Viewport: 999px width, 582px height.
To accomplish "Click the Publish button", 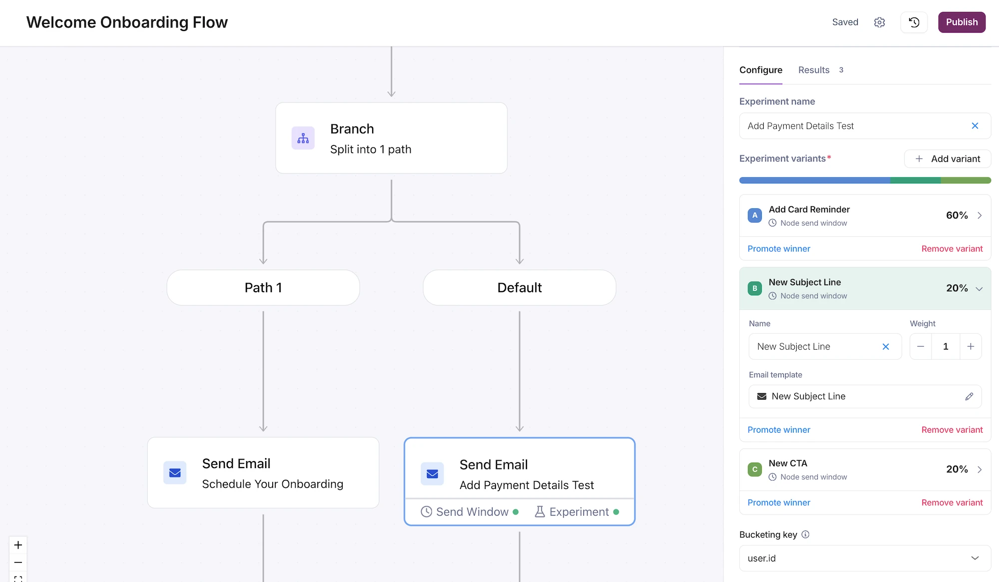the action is point(962,22).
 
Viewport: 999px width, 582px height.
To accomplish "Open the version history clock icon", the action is point(914,22).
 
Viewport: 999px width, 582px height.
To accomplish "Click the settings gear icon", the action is point(880,22).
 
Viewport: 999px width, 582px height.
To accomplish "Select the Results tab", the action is point(814,70).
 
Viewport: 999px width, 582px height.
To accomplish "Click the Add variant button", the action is point(948,159).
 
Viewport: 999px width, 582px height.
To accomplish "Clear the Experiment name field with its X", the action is point(975,126).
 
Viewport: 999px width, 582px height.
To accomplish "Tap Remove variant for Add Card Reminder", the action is point(952,249).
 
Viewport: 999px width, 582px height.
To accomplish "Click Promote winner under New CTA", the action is point(779,503).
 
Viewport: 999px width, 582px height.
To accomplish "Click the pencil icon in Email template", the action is point(969,396).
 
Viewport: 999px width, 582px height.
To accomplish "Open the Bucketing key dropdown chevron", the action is point(975,558).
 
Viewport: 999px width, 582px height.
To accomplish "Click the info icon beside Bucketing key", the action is point(805,535).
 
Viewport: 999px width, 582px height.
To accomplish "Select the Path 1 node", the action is point(263,288).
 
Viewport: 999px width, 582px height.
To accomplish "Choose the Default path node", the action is point(519,288).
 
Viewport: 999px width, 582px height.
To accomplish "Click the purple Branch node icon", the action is point(303,138).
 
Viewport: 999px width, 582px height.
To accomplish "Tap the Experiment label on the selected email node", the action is point(579,512).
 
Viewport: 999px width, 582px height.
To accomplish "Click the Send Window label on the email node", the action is point(472,512).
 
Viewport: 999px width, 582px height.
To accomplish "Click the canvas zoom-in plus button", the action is point(18,545).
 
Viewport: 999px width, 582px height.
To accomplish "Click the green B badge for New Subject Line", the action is point(755,288).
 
